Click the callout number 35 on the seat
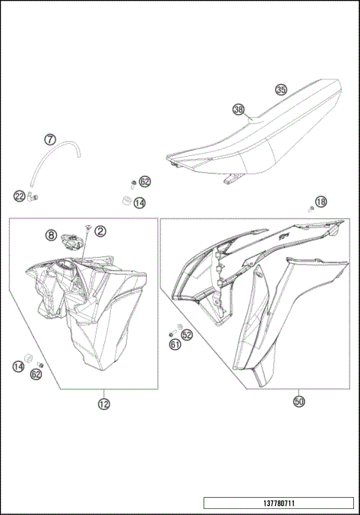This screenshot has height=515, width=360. [280, 89]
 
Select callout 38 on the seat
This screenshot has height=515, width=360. [238, 109]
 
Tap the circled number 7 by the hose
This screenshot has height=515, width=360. [49, 139]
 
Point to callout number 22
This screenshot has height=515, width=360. [19, 196]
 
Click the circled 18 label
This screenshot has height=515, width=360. [321, 202]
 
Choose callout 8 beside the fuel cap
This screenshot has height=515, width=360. [51, 235]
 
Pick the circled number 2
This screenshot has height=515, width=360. [100, 232]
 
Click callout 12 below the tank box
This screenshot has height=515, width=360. [103, 404]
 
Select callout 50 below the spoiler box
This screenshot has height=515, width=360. [299, 402]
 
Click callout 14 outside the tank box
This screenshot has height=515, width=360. [140, 202]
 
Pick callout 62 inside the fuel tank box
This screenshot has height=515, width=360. [36, 373]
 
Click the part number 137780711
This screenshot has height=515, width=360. [277, 504]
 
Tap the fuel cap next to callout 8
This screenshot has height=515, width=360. [73, 241]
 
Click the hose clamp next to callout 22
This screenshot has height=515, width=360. [33, 198]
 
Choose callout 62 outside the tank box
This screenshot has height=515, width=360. [145, 181]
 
